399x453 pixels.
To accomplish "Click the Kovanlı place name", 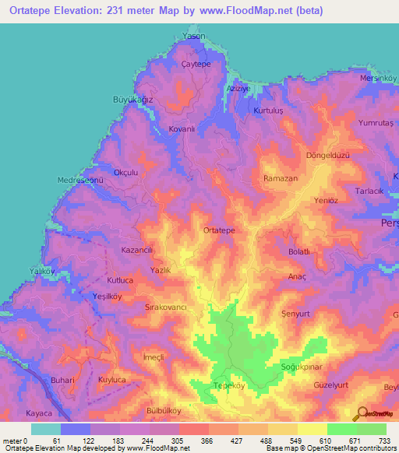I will click(182, 129).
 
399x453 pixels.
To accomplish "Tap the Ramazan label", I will click(281, 178).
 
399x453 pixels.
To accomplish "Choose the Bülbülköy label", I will click(164, 410).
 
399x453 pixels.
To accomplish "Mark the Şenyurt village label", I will click(295, 313).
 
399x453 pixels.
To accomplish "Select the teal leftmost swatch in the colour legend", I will click(45, 429).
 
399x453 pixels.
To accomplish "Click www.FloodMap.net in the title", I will click(242, 11).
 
